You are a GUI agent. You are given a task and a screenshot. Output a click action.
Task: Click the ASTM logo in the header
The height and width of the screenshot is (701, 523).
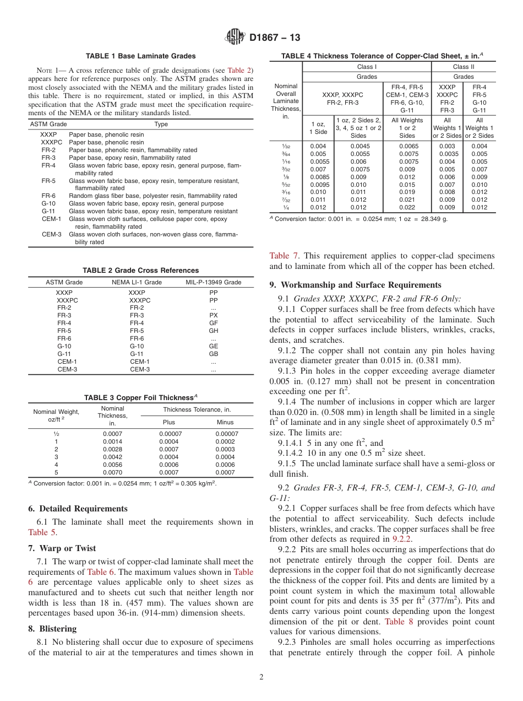click(x=236, y=37)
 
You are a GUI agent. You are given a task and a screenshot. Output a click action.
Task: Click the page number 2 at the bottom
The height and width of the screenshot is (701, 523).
click(x=261, y=677)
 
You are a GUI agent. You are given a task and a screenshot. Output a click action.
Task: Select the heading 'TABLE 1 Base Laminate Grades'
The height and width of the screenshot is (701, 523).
click(x=141, y=56)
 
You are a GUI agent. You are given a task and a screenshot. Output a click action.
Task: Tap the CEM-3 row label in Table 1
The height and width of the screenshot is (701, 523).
click(x=52, y=234)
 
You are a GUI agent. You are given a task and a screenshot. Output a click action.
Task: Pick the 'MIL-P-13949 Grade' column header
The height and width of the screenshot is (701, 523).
click(x=213, y=282)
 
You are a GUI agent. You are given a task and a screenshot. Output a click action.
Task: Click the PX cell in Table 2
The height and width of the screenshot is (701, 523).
click(x=214, y=315)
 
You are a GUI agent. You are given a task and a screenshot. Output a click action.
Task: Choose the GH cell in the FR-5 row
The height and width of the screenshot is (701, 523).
click(x=214, y=331)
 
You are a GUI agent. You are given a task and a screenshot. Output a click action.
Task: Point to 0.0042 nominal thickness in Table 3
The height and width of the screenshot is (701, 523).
click(x=112, y=457)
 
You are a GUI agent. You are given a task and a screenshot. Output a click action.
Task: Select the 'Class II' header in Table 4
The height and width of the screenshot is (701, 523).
click(x=464, y=67)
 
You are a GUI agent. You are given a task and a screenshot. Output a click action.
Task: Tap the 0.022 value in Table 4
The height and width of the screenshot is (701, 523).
click(x=407, y=207)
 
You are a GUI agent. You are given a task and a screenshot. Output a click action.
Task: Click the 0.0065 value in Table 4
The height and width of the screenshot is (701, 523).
click(x=407, y=146)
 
